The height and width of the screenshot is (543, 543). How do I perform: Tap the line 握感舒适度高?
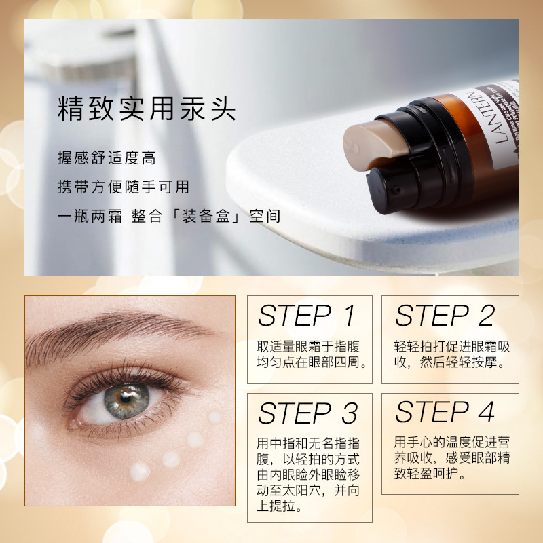[x=107, y=158]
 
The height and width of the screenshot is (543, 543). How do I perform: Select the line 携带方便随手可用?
[x=123, y=187]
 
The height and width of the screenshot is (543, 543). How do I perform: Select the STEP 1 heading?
[x=307, y=316]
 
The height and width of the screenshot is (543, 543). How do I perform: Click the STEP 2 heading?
[x=445, y=316]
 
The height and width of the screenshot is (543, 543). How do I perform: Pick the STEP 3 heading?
[x=307, y=413]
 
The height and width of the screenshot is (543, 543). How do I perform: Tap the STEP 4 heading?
[x=445, y=412]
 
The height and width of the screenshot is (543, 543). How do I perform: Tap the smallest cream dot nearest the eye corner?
[x=214, y=417]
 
